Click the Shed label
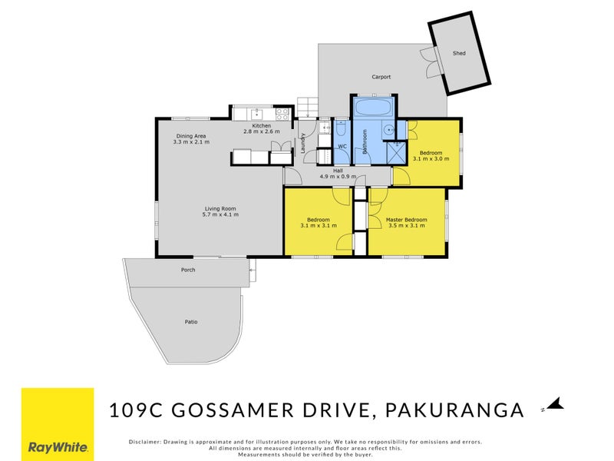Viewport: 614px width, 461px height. click(x=459, y=53)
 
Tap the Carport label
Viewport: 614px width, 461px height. click(x=381, y=77)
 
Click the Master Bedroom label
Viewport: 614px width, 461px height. click(x=407, y=220)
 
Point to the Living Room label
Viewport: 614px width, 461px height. click(x=220, y=208)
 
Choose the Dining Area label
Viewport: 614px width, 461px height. click(x=189, y=136)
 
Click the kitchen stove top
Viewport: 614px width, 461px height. click(x=282, y=114)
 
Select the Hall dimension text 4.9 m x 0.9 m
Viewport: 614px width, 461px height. click(x=338, y=177)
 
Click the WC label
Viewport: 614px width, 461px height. click(x=342, y=145)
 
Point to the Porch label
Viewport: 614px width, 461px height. click(x=188, y=270)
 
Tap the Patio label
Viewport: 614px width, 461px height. click(x=191, y=322)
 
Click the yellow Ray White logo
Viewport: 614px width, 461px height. click(x=58, y=424)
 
